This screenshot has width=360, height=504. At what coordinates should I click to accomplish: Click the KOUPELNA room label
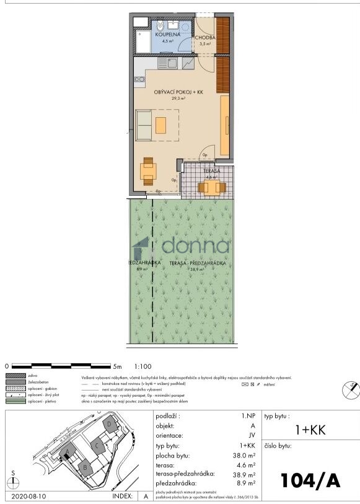coord(167,35)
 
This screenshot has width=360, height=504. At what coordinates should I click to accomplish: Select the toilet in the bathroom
coord(159,25)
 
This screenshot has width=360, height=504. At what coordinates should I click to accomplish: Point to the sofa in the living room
coord(143,125)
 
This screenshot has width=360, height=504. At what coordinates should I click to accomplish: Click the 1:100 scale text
coord(143,366)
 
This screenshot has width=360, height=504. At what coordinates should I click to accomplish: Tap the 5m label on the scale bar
coord(118,366)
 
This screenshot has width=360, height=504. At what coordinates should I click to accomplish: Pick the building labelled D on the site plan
coord(109,424)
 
